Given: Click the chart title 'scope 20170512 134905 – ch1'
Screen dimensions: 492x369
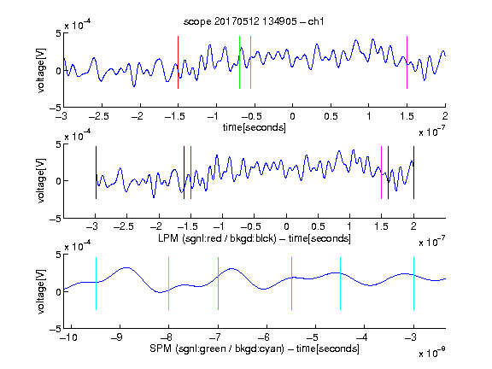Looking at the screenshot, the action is point(254,21).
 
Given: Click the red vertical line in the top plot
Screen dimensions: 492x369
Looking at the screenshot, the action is point(178,62).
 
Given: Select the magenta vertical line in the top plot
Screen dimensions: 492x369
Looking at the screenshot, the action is point(407,62).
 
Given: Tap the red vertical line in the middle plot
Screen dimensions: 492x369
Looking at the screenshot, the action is point(190,173).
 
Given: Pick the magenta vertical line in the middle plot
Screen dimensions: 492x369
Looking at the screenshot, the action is point(381,173).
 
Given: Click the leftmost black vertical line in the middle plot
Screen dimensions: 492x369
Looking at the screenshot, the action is point(96,173).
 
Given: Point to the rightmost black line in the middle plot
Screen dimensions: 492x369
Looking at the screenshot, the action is point(413,173).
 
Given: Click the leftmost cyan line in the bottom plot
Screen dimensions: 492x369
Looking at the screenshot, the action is point(96,284).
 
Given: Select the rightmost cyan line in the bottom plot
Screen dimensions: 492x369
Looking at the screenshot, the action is point(413,284).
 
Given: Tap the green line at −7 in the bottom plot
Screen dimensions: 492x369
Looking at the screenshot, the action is point(218,284).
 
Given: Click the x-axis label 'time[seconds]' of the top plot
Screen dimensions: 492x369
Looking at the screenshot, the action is point(255,127).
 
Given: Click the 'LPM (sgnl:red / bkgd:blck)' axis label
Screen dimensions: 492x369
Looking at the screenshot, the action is point(217,238).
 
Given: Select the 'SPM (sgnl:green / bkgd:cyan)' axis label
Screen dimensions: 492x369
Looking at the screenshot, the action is point(217,348).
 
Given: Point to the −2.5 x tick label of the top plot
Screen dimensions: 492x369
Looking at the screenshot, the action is point(98,116).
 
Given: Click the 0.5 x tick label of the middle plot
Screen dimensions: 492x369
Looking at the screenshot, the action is point(318,226).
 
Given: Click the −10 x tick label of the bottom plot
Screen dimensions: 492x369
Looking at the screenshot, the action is point(68,337).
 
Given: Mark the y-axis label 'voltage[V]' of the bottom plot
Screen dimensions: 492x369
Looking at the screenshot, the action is point(41,291).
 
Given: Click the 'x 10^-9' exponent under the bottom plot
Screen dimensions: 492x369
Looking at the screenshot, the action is point(432,353).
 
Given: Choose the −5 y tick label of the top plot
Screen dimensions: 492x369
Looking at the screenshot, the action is point(56,108).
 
